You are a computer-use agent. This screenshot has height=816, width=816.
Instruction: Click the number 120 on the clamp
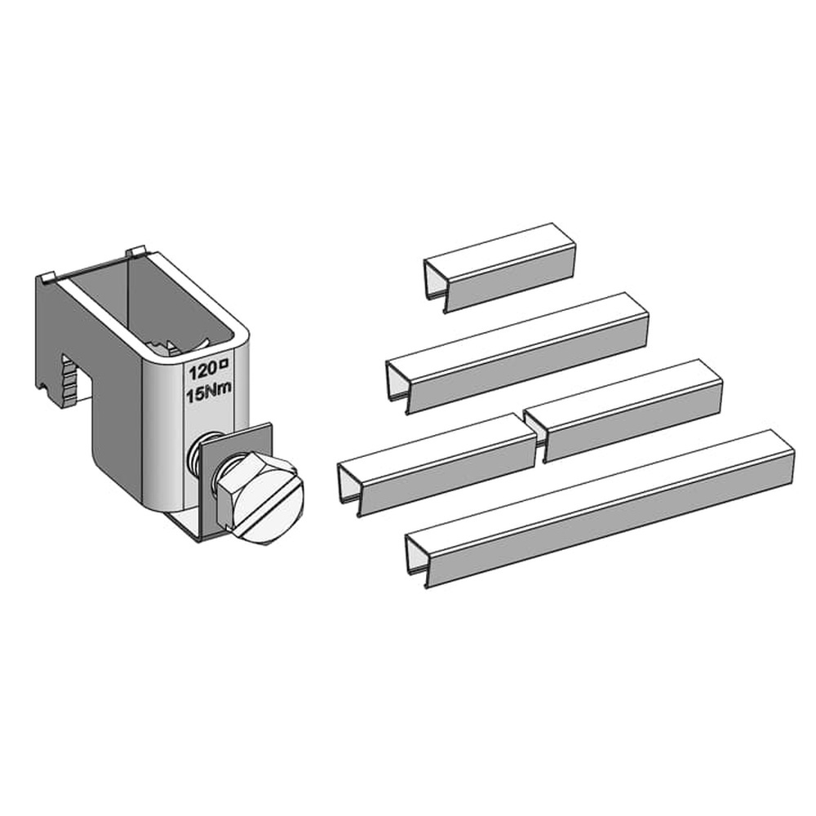tap(202, 371)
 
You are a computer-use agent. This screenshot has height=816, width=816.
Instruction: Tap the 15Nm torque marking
tap(209, 393)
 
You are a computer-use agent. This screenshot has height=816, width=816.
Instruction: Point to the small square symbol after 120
tap(225, 366)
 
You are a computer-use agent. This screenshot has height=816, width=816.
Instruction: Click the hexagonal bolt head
tap(259, 498)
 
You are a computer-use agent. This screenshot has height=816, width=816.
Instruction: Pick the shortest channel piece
tap(499, 268)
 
